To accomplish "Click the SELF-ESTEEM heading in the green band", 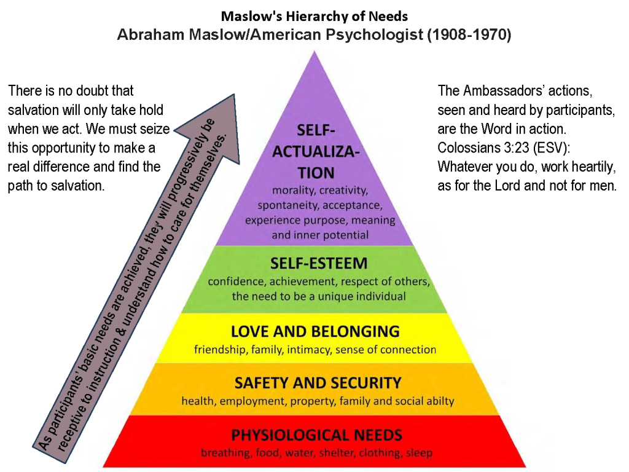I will point(319,264).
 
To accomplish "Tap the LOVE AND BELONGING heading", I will point(315,332).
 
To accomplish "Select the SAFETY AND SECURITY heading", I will point(318,383).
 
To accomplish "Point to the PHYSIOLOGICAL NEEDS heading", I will point(316,436).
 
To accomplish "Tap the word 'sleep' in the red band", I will point(420,454).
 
